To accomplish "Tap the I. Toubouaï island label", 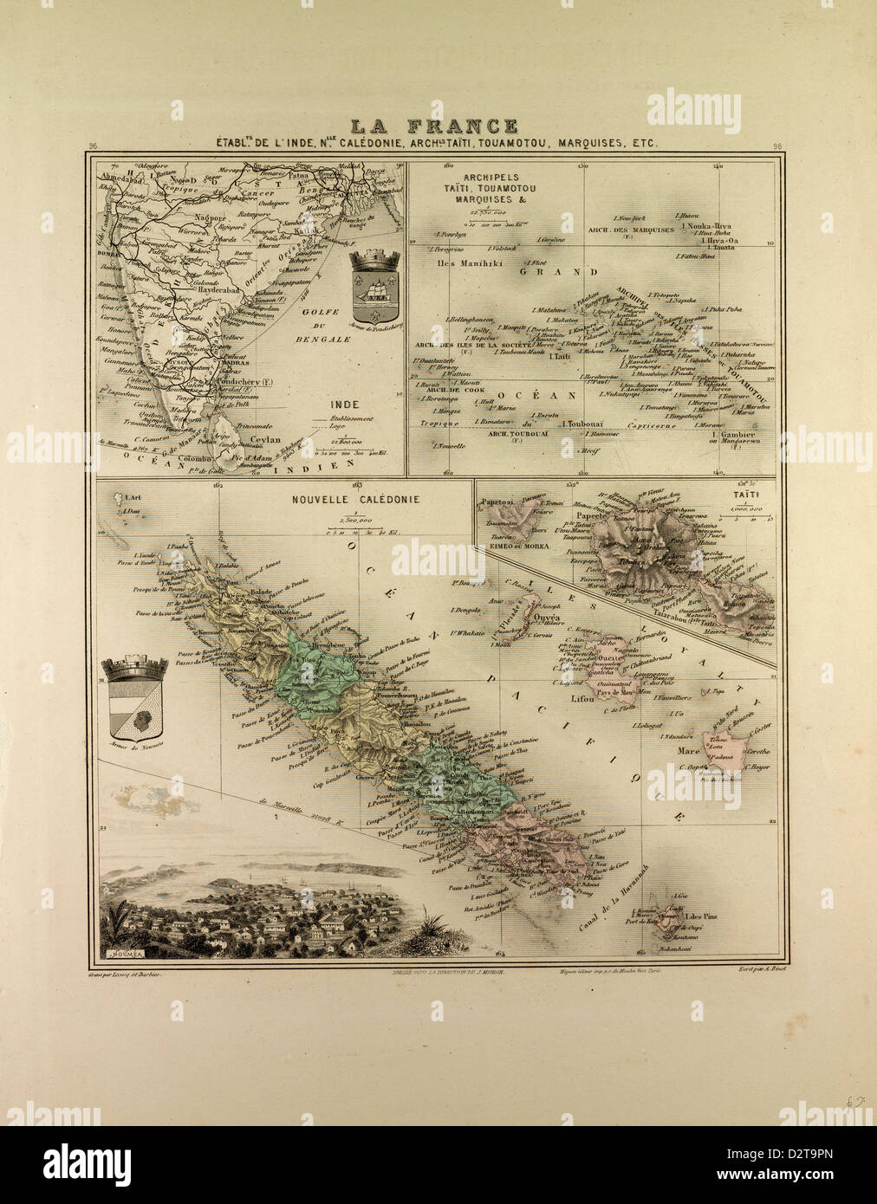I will pos(582,424).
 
